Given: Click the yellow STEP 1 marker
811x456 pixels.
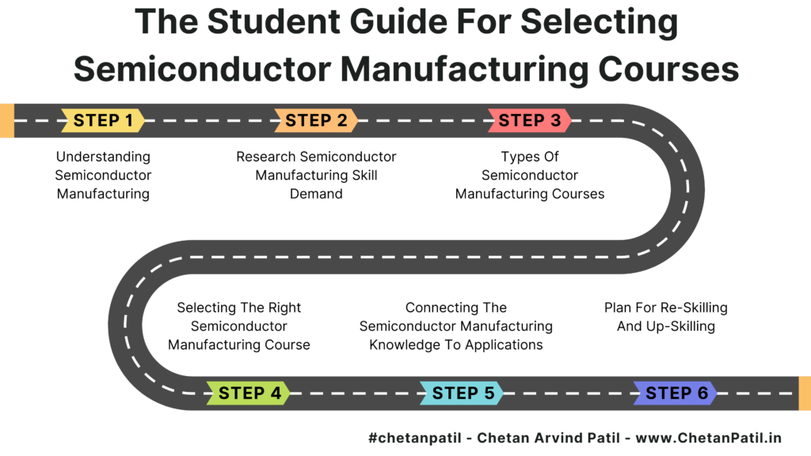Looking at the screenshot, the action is pyautogui.click(x=103, y=120).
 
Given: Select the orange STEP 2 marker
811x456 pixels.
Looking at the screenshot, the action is pyautogui.click(x=316, y=120).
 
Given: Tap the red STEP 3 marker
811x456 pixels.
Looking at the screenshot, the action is pyautogui.click(x=530, y=120).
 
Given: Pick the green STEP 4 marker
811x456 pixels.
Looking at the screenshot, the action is pyautogui.click(x=249, y=393).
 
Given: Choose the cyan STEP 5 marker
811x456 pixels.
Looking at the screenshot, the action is pyautogui.click(x=462, y=393).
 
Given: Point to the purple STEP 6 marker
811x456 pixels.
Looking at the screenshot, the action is pyautogui.click(x=676, y=393).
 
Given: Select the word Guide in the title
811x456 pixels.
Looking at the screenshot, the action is pyautogui.click(x=396, y=21).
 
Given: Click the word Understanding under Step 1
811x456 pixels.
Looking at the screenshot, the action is pyautogui.click(x=103, y=157).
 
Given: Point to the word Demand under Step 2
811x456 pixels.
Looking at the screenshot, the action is pyautogui.click(x=316, y=194).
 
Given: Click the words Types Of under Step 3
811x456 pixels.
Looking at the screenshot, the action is pyautogui.click(x=530, y=157).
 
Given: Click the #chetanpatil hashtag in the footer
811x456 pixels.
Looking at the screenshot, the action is pyautogui.click(x=414, y=438).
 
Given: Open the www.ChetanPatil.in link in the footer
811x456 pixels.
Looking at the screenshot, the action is pyautogui.click(x=708, y=438).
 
